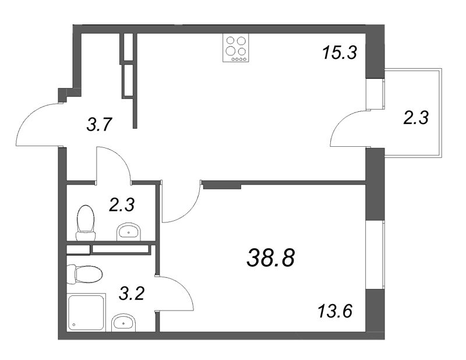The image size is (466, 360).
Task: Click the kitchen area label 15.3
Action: point(340,53)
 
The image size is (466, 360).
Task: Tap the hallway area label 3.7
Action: point(99,125)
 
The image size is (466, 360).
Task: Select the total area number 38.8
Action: point(271,257)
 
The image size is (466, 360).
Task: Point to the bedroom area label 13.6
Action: point(335,312)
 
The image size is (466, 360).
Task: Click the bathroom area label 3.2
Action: point(132,294)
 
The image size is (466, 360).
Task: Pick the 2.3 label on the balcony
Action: point(416,118)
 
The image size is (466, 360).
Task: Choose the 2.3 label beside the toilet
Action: point(122,205)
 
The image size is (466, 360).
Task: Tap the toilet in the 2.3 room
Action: point(86,223)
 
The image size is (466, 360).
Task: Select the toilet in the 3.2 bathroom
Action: point(84,275)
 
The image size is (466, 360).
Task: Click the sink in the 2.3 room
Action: point(128,231)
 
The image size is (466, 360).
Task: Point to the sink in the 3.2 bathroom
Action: point(123,323)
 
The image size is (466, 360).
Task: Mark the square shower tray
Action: point(87,312)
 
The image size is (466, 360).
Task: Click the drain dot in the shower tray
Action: point(73,325)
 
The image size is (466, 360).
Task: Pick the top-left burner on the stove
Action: point(231,40)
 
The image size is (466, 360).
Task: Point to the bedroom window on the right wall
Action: point(375,254)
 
